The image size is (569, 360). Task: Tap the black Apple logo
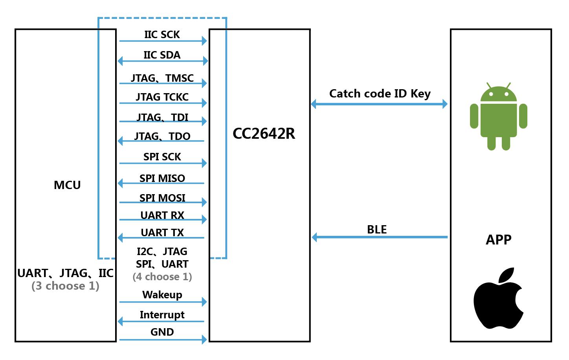pyautogui.click(x=498, y=299)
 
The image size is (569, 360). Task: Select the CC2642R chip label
pyautogui.click(x=264, y=134)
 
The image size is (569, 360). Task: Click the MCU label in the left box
pyautogui.click(x=67, y=185)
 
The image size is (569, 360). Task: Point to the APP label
pyautogui.click(x=498, y=239)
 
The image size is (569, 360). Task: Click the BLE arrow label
pyautogui.click(x=376, y=230)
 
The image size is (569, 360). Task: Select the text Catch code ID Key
pyautogui.click(x=380, y=94)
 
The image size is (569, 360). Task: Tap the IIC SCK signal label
pyautogui.click(x=162, y=35)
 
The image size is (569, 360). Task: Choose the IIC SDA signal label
pyautogui.click(x=162, y=55)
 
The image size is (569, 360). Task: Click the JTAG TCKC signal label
pyautogui.click(x=162, y=97)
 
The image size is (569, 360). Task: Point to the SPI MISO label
pyautogui.click(x=162, y=178)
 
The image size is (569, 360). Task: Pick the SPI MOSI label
pyautogui.click(x=162, y=198)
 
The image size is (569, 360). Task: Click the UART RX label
pyautogui.click(x=162, y=215)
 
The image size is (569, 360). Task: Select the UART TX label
pyautogui.click(x=162, y=233)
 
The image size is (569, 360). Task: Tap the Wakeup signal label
pyautogui.click(x=162, y=295)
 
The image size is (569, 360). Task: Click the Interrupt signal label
pyautogui.click(x=162, y=315)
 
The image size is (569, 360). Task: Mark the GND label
pyautogui.click(x=162, y=332)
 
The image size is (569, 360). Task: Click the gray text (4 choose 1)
pyautogui.click(x=162, y=277)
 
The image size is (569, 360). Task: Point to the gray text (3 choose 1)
pyautogui.click(x=65, y=286)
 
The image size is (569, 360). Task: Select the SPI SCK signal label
pyautogui.click(x=162, y=157)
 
